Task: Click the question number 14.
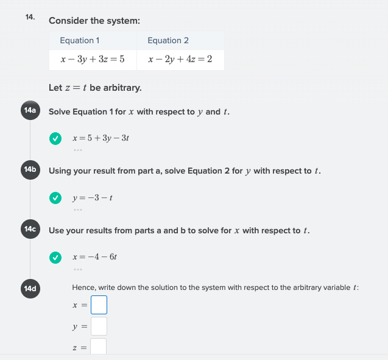(x=30, y=17)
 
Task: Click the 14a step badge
(x=29, y=111)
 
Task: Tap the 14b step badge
(x=29, y=170)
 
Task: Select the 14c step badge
(x=29, y=229)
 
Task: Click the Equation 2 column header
(x=168, y=40)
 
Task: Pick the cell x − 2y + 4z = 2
(x=180, y=60)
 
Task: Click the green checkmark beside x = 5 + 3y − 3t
(x=55, y=138)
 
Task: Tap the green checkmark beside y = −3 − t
(x=55, y=197)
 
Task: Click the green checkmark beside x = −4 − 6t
(x=55, y=256)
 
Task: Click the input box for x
(x=99, y=305)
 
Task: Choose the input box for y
(x=99, y=326)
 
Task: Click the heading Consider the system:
(x=94, y=21)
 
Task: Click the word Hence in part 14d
(x=83, y=287)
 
